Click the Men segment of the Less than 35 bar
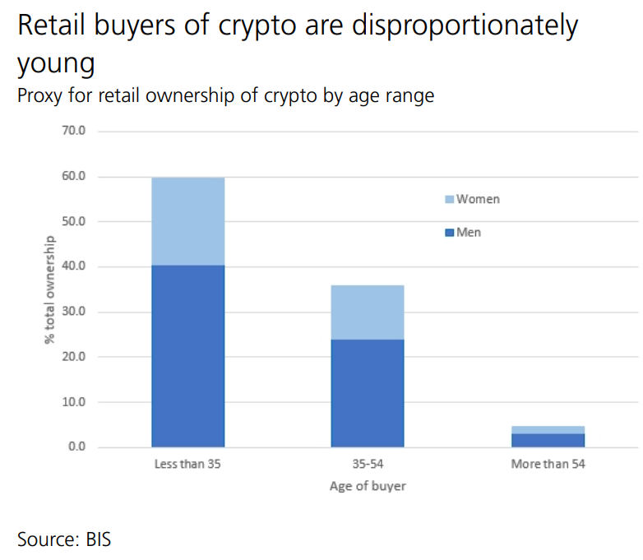(188, 356)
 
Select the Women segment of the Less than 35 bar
(188, 221)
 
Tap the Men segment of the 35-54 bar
(368, 393)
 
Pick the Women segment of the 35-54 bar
(368, 312)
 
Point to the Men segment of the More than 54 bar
(548, 440)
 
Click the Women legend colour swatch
(449, 200)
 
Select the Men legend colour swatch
(449, 234)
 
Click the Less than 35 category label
(187, 465)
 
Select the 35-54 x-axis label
(368, 465)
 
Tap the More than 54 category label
(548, 465)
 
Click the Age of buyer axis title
(368, 486)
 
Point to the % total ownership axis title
(51, 289)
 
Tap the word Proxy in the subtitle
(42, 96)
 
